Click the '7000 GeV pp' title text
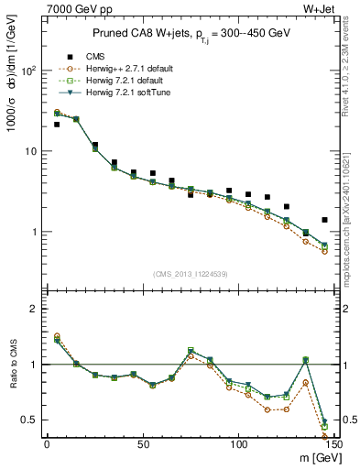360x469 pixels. point(74,7)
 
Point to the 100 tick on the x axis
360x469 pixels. point(238,445)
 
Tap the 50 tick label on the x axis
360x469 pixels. point(142,445)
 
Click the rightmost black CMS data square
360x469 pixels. point(324,220)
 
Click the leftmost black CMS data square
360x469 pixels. point(57,124)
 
